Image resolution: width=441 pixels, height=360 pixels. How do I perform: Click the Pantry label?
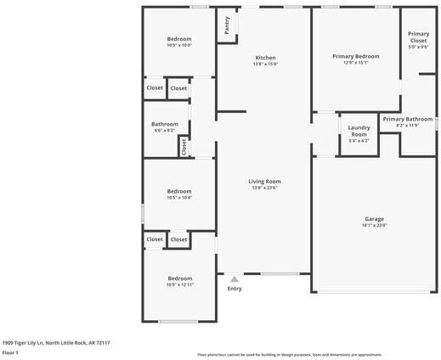[x=227, y=26]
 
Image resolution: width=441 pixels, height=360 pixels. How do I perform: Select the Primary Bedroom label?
[x=355, y=56]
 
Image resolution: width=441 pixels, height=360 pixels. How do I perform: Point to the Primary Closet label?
[x=418, y=37]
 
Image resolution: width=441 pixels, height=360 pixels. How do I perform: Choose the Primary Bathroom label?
[x=407, y=119]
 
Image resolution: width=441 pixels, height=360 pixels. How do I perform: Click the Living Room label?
[x=264, y=181]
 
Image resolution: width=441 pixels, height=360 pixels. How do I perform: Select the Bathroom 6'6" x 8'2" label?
[x=165, y=124]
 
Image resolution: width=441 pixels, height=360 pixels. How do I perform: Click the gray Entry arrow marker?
[x=235, y=278]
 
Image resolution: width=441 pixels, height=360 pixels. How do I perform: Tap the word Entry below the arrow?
[x=235, y=289]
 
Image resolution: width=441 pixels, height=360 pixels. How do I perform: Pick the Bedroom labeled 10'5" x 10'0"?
[x=179, y=39]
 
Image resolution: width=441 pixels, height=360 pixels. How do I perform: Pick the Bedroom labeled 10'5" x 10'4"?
[x=179, y=191]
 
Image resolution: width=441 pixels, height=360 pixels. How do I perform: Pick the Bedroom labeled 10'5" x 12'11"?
[x=179, y=278]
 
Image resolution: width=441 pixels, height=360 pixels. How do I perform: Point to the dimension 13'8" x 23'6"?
[x=264, y=188]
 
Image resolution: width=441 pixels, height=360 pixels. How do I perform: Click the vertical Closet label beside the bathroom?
[x=183, y=146]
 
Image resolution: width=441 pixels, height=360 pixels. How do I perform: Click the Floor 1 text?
[x=10, y=352]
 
